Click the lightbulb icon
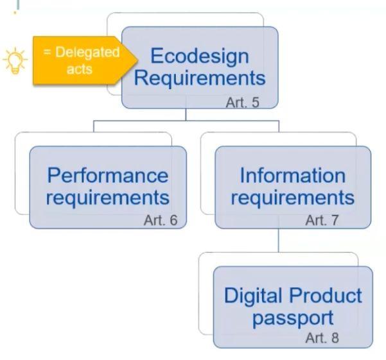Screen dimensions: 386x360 coord(15,60)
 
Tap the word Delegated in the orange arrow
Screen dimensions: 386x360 coord(87,53)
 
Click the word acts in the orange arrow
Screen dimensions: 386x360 coord(80,69)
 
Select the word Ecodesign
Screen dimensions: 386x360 coord(199,56)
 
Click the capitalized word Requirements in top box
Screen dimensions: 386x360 coord(200,78)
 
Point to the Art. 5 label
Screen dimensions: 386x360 coord(243,102)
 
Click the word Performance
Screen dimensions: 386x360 coord(107,176)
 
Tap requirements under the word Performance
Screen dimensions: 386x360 coord(108,198)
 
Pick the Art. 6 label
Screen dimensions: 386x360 coord(161,220)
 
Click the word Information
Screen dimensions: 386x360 coord(293,176)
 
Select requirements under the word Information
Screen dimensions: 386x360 coord(293,198)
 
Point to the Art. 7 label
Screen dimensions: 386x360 coord(322,220)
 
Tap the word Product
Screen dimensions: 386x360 coord(326,295)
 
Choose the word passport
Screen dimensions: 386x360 coord(293,318)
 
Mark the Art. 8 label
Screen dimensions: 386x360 coord(322,338)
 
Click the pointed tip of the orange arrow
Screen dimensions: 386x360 coord(137,60)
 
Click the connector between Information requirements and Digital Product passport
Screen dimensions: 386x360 coord(279,240)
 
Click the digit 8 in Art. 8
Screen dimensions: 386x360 coord(335,338)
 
